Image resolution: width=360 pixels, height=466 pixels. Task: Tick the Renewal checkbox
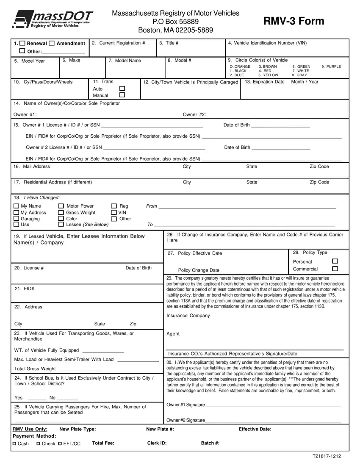coord(23,44)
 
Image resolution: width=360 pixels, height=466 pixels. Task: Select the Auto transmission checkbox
coord(122,89)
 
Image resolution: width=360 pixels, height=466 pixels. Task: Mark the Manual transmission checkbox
coord(122,95)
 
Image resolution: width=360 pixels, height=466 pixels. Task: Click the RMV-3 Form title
coord(294,21)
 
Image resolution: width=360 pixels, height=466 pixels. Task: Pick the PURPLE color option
coord(331,67)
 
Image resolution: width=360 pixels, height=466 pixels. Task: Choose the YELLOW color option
coord(269,75)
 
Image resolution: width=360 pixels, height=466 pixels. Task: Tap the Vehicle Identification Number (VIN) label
coord(267,43)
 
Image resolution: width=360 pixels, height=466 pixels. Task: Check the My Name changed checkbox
coord(17,206)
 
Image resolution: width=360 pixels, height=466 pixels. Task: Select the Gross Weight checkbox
coord(61,213)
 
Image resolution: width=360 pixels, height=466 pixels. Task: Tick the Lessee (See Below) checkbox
coord(61,225)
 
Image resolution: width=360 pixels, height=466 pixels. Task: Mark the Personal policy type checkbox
coord(335,261)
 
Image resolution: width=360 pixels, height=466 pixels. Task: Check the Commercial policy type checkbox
coord(335,269)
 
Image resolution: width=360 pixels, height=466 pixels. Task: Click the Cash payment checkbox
coord(15,444)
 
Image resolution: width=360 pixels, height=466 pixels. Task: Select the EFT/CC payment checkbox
coord(54,444)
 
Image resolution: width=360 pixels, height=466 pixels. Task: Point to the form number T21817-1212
coord(327,456)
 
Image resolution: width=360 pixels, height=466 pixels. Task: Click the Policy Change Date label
coord(199,270)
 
